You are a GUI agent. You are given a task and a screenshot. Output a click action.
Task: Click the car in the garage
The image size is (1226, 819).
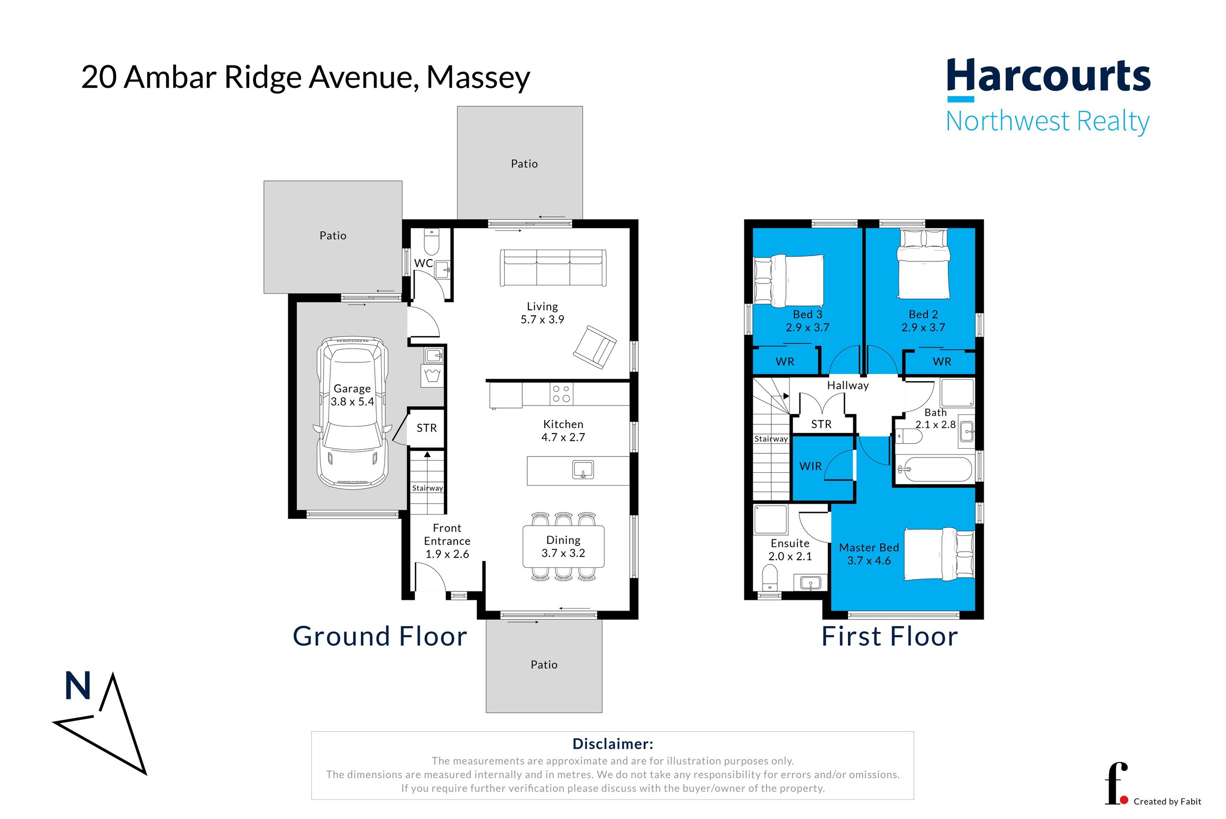pyautogui.click(x=353, y=412)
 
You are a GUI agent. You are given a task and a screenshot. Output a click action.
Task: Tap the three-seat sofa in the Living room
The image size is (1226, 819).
pyautogui.click(x=553, y=267)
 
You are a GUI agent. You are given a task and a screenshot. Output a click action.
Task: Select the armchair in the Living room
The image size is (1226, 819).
pyautogui.click(x=595, y=347)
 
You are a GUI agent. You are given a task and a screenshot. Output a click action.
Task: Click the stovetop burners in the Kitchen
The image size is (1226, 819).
pyautogui.click(x=562, y=394)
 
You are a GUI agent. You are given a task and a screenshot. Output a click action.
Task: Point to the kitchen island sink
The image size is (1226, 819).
pyautogui.click(x=583, y=469)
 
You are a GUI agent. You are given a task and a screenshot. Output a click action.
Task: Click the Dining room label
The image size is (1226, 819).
pyautogui.click(x=563, y=546)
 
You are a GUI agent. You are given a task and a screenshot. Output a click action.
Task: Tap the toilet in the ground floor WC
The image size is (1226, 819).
pyautogui.click(x=431, y=241)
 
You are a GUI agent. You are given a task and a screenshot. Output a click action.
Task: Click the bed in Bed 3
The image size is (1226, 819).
pyautogui.click(x=789, y=280)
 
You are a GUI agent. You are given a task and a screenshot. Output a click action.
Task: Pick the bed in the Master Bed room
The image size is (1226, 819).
pyautogui.click(x=939, y=554)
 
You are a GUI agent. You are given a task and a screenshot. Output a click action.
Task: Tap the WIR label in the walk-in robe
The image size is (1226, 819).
pyautogui.click(x=810, y=466)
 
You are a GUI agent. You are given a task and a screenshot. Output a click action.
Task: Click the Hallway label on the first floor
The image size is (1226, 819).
pyautogui.click(x=847, y=385)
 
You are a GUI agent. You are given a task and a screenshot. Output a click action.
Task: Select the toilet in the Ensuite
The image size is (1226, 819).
pyautogui.click(x=769, y=579)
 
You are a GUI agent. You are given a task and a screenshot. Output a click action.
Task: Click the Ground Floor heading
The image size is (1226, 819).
pyautogui.click(x=380, y=636)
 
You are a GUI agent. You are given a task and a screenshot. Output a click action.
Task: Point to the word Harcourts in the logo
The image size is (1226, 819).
pyautogui.click(x=1048, y=76)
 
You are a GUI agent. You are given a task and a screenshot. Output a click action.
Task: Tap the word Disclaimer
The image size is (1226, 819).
pyautogui.click(x=613, y=744)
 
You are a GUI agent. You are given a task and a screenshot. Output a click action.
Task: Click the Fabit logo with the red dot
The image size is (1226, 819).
pyautogui.click(x=1116, y=784)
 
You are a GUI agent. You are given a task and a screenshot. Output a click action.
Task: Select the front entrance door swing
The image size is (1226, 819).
pyautogui.click(x=430, y=577)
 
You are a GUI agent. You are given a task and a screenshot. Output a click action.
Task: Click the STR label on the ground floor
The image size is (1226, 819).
pyautogui.click(x=427, y=428)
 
